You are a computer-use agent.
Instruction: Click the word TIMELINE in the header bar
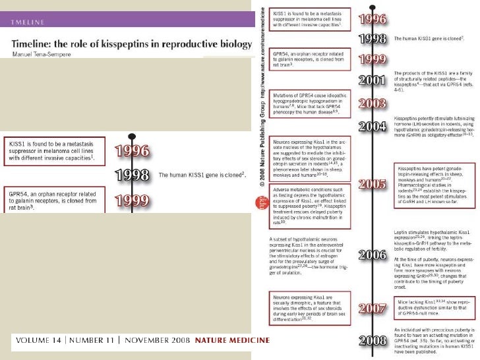28,22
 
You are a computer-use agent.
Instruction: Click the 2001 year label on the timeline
372,81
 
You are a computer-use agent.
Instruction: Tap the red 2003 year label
372,104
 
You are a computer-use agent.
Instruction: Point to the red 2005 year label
372,184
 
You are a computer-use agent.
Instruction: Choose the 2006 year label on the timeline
372,254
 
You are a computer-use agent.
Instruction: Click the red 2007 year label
372,308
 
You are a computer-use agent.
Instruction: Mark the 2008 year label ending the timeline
372,340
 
